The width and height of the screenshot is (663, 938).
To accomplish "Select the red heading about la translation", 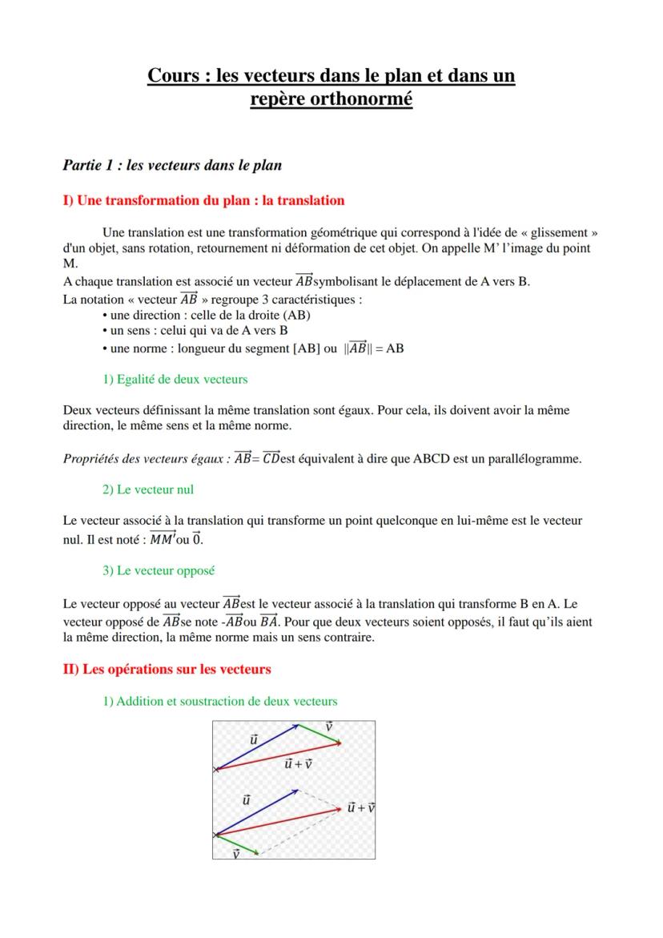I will point(203,200).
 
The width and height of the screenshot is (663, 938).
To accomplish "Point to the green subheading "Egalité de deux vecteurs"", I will point(175,379).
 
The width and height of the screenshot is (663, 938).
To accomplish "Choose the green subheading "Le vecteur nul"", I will point(148,489).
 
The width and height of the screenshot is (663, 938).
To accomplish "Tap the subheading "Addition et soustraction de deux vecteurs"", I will point(220,701).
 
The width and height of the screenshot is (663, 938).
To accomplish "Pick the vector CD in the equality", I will point(271,458).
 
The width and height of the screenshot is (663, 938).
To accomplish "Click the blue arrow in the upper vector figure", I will point(257,746).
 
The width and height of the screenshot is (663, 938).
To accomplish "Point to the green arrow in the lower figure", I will point(237,843).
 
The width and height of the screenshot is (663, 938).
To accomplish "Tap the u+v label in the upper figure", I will point(298,763).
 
